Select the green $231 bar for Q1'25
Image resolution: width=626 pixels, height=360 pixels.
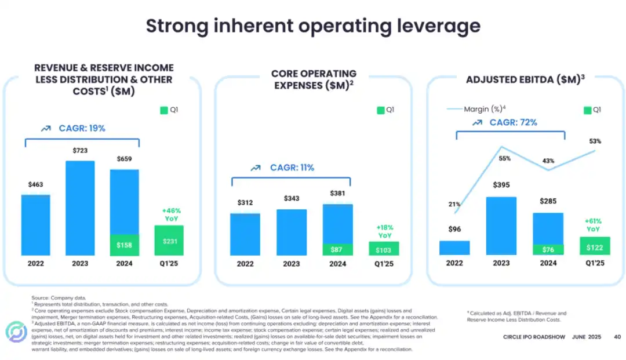tap(169, 240)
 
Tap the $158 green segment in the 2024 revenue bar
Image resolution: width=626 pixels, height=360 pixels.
tap(125, 245)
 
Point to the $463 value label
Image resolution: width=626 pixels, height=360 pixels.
tap(35, 185)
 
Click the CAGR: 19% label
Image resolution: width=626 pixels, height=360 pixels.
tap(82, 128)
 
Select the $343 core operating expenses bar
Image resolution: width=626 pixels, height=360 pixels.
tap(292, 232)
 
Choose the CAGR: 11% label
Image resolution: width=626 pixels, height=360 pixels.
tap(292, 168)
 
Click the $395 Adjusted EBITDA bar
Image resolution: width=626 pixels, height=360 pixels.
tap(501, 226)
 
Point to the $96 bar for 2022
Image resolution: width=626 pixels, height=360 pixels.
tap(454, 248)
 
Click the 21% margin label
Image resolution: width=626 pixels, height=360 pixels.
tap(454, 204)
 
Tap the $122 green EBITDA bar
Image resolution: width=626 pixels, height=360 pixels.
tap(594, 246)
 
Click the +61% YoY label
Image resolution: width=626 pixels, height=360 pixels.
tap(594, 225)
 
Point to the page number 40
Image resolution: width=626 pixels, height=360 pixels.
tap(617, 337)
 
